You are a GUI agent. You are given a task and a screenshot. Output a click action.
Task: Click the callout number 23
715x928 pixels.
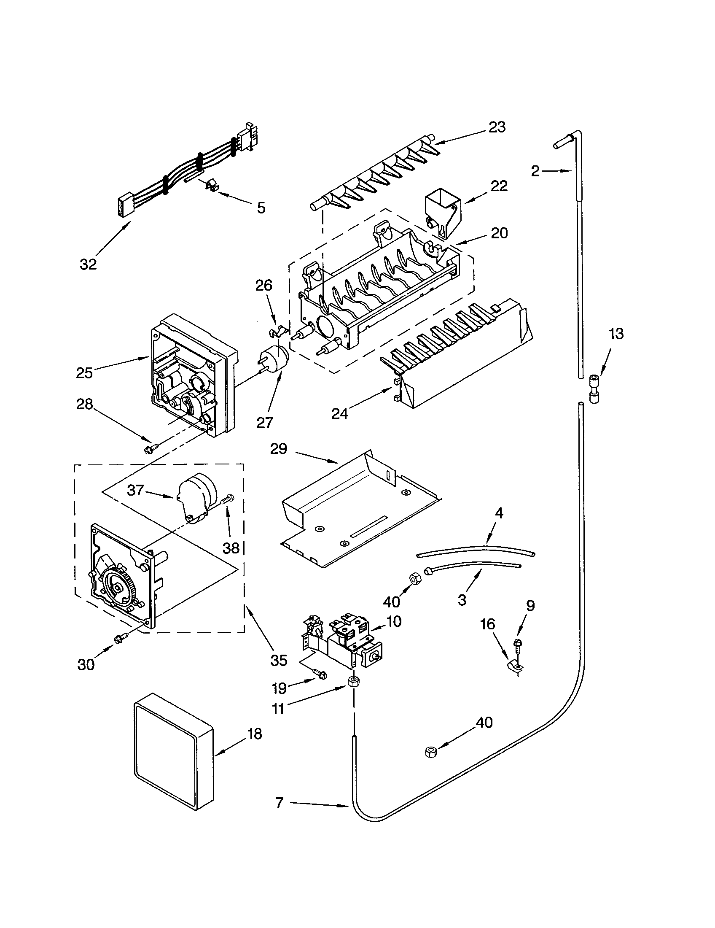497,127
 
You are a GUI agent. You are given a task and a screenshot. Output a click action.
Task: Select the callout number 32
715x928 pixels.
88,264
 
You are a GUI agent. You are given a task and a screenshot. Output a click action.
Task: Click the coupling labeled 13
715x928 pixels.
594,388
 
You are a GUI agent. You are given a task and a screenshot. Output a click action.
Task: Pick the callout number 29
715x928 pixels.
279,449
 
